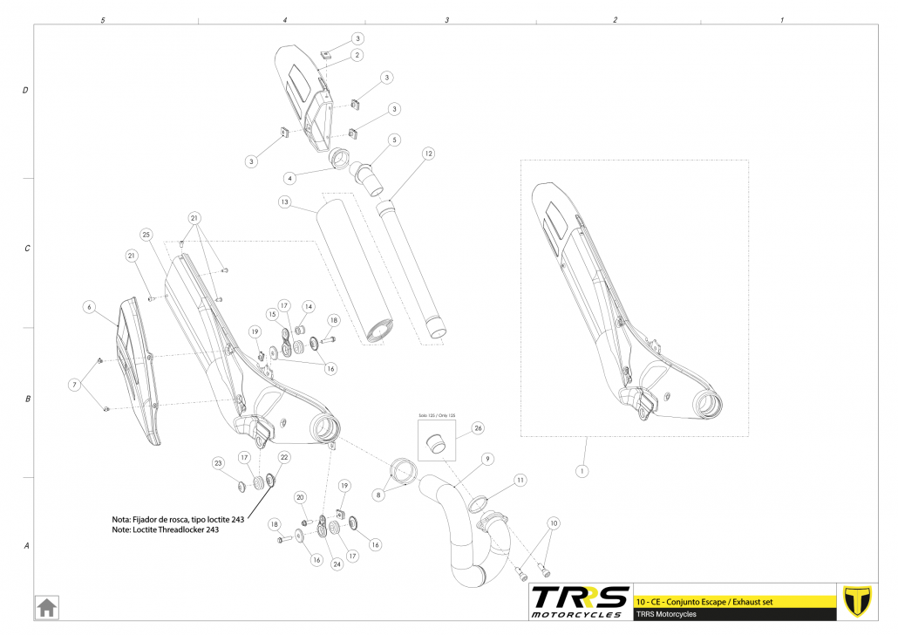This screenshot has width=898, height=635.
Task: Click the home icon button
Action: pyautogui.click(x=46, y=606)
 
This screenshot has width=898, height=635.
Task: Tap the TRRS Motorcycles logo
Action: pyautogui.click(x=580, y=601)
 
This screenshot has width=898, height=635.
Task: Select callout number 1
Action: pyautogui.click(x=582, y=471)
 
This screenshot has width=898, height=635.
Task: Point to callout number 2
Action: pyautogui.click(x=357, y=55)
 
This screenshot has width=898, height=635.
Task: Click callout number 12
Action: pyautogui.click(x=428, y=154)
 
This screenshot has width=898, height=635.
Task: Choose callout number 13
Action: pyautogui.click(x=284, y=201)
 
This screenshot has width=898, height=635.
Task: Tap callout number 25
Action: pyautogui.click(x=146, y=235)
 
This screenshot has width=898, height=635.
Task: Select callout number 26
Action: pyautogui.click(x=477, y=428)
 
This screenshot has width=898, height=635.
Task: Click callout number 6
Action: pyautogui.click(x=88, y=307)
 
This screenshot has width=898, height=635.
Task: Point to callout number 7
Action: pyautogui.click(x=75, y=385)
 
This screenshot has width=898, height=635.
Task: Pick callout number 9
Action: pyautogui.click(x=487, y=459)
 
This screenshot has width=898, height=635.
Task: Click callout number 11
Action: pyautogui.click(x=520, y=480)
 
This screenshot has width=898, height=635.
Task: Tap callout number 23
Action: pyautogui.click(x=218, y=462)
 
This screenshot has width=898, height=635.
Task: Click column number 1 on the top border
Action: pyautogui.click(x=781, y=19)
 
